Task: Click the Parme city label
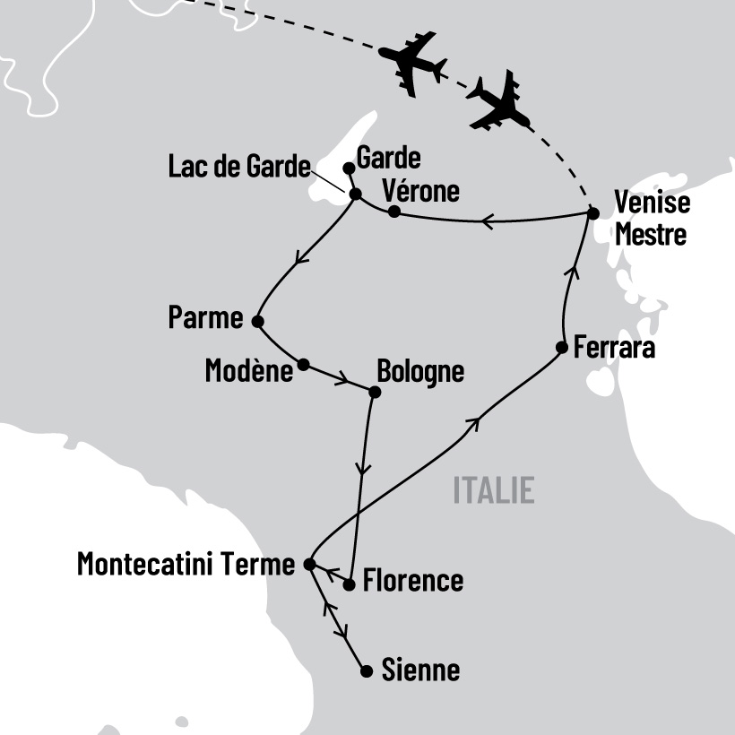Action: tap(205, 318)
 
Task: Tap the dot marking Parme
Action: tap(257, 321)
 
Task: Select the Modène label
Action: tap(249, 371)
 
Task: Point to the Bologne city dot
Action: tap(375, 392)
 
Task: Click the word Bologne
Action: tap(420, 371)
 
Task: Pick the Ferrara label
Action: tap(615, 348)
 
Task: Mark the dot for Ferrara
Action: tap(561, 348)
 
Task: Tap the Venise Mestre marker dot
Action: tap(592, 212)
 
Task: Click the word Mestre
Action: tap(651, 235)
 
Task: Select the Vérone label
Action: tap(420, 191)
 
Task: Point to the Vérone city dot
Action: tap(393, 212)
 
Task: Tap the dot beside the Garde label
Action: tap(349, 168)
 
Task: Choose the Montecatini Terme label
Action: tap(186, 564)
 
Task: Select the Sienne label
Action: tap(420, 670)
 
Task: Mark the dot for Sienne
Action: tap(366, 670)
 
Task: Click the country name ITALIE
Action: tap(494, 490)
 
